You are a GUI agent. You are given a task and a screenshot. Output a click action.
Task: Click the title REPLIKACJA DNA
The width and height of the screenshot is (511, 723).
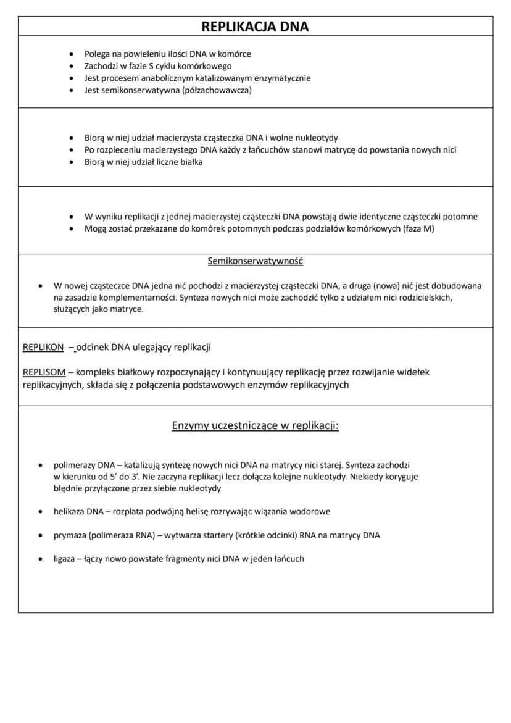click(255, 27)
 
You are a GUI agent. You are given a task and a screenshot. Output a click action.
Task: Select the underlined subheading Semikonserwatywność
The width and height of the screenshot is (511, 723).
click(255, 261)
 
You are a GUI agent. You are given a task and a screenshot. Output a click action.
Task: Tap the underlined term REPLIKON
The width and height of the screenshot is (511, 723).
click(43, 347)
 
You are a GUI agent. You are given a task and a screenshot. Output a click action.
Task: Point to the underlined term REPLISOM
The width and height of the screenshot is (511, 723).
click(44, 372)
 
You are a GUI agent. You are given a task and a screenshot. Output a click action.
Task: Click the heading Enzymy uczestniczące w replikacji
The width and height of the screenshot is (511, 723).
click(255, 426)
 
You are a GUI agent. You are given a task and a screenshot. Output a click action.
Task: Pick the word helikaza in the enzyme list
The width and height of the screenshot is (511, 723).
click(69, 512)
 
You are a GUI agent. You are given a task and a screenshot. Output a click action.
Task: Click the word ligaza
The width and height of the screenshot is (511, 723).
click(65, 559)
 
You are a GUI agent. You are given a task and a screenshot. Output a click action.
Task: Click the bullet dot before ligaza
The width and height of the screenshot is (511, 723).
click(40, 559)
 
